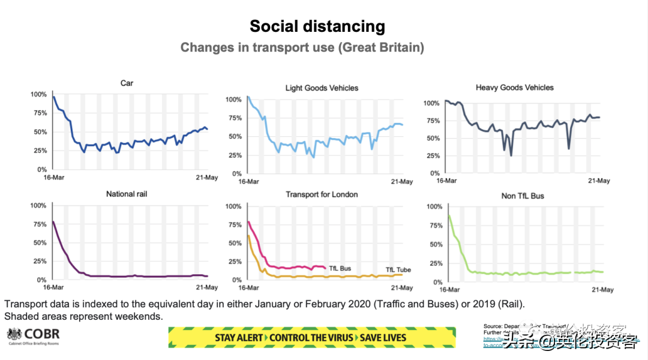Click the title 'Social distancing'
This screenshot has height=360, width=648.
pyautogui.click(x=317, y=26)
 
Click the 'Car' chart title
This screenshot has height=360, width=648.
pyautogui.click(x=127, y=83)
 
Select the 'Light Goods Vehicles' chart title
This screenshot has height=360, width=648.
pyautogui.click(x=322, y=88)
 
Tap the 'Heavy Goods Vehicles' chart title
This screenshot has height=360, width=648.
pyautogui.click(x=515, y=88)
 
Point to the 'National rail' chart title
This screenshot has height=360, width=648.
pyautogui.click(x=127, y=194)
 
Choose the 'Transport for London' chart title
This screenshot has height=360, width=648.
pyautogui.click(x=322, y=194)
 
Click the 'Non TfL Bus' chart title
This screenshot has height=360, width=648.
pyautogui.click(x=523, y=196)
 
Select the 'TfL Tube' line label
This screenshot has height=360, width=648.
pyautogui.click(x=398, y=270)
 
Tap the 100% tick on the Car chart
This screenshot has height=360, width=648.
pyautogui.click(x=37, y=94)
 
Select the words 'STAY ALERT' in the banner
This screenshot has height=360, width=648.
pyautogui.click(x=239, y=338)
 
